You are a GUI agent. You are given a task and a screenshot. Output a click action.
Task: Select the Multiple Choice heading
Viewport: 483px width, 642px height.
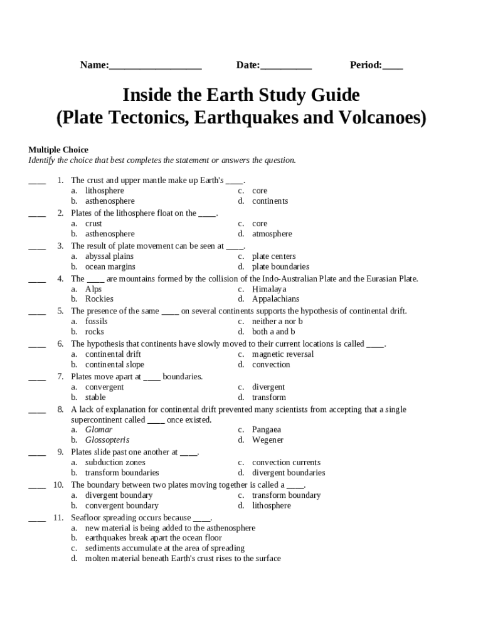(x=58, y=150)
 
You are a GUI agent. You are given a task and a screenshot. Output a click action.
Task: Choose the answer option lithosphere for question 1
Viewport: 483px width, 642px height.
(x=105, y=191)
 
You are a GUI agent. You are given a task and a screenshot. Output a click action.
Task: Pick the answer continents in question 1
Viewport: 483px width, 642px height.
(x=270, y=201)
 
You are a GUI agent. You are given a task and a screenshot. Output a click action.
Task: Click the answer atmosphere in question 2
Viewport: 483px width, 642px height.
(x=272, y=234)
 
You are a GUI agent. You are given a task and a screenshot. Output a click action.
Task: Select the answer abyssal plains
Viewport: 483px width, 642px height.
(x=109, y=256)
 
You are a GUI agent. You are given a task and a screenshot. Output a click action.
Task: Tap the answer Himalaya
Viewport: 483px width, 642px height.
(x=269, y=289)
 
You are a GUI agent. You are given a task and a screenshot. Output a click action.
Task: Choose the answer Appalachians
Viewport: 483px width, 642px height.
(x=276, y=299)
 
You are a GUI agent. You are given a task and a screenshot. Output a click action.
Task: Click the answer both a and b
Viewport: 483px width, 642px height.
(x=273, y=332)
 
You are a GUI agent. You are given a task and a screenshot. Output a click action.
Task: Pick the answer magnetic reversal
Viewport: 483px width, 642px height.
(x=283, y=354)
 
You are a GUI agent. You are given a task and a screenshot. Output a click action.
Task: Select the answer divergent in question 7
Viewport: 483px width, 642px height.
(x=268, y=387)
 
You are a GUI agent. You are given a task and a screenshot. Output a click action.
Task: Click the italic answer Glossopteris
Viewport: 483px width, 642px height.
(x=107, y=440)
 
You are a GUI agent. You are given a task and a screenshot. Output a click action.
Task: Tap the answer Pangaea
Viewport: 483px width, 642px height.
(x=267, y=430)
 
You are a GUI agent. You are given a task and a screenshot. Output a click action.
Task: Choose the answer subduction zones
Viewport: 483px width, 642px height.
(x=115, y=463)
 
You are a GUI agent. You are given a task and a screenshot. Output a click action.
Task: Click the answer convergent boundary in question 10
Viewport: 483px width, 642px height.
(x=122, y=505)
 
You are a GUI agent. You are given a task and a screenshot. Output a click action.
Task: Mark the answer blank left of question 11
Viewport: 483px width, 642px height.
(x=37, y=518)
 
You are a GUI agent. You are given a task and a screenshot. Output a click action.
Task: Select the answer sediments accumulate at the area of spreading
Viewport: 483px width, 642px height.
(x=165, y=548)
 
